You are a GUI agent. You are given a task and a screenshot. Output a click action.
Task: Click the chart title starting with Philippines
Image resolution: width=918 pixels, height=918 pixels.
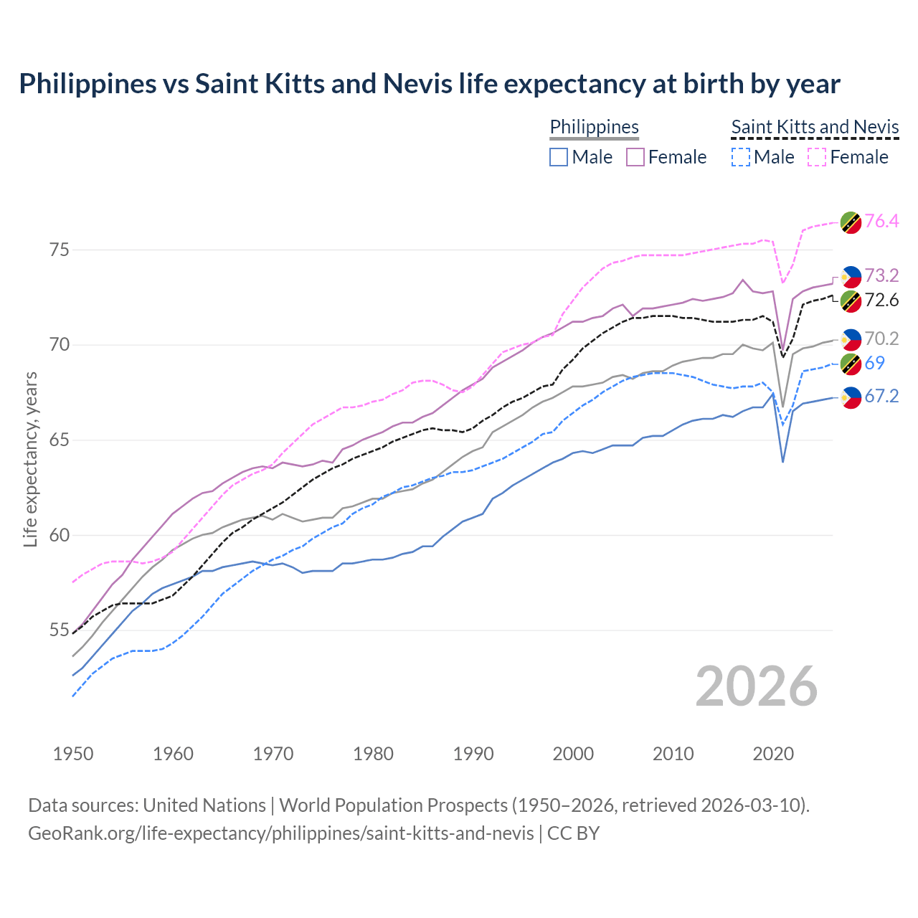(x=429, y=84)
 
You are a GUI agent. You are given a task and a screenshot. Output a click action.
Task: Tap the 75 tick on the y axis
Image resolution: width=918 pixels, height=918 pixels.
(x=59, y=250)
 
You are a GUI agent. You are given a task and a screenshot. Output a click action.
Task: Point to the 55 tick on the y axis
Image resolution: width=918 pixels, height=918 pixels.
(x=59, y=630)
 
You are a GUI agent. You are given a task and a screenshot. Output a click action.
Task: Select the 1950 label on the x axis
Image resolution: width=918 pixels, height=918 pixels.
(x=73, y=754)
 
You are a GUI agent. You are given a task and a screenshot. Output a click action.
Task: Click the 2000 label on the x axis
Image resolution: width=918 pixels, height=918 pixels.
(x=573, y=754)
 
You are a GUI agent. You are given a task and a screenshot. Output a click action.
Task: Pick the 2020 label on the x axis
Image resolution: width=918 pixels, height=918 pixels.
(x=773, y=754)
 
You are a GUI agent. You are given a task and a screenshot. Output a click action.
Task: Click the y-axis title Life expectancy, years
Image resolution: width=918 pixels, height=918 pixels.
(x=30, y=459)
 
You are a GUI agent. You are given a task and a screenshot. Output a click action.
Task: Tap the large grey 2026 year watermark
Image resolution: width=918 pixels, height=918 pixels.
(x=757, y=686)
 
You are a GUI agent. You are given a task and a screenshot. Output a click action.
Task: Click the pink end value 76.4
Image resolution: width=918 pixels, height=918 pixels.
(x=881, y=222)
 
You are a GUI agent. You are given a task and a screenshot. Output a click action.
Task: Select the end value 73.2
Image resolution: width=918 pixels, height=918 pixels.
(x=881, y=276)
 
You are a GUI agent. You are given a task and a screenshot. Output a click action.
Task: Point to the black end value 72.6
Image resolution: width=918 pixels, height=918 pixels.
(x=881, y=301)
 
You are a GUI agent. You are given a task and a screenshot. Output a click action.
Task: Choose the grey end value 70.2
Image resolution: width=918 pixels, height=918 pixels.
(x=881, y=339)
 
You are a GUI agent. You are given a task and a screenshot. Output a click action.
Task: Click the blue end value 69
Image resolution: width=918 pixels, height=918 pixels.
(x=874, y=364)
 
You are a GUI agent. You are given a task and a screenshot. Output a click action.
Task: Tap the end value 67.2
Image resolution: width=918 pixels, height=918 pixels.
(x=881, y=397)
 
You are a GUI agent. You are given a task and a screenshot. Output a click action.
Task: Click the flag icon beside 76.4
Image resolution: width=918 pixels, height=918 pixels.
(x=851, y=222)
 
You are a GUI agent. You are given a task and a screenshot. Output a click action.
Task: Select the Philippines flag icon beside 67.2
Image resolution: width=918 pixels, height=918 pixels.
(x=851, y=397)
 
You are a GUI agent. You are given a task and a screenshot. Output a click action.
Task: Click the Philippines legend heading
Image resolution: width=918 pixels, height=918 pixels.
(x=594, y=128)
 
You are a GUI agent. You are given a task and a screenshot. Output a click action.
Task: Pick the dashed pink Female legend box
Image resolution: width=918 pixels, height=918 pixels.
(x=817, y=157)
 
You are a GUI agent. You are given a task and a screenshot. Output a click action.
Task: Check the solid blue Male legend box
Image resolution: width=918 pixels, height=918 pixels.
(x=559, y=157)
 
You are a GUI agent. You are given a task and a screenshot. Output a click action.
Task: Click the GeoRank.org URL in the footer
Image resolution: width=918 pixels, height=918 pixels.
(x=280, y=833)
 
